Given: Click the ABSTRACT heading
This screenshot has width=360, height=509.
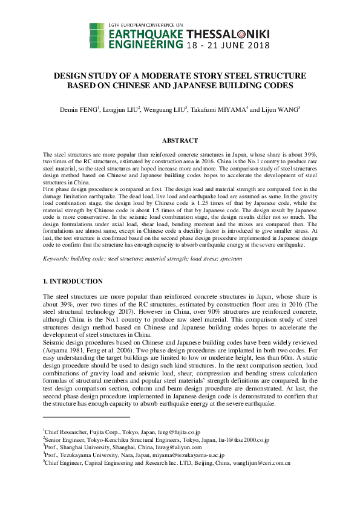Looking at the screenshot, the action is (x=180, y=141).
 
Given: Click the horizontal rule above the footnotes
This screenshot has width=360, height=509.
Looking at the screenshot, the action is (x=87, y=417).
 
